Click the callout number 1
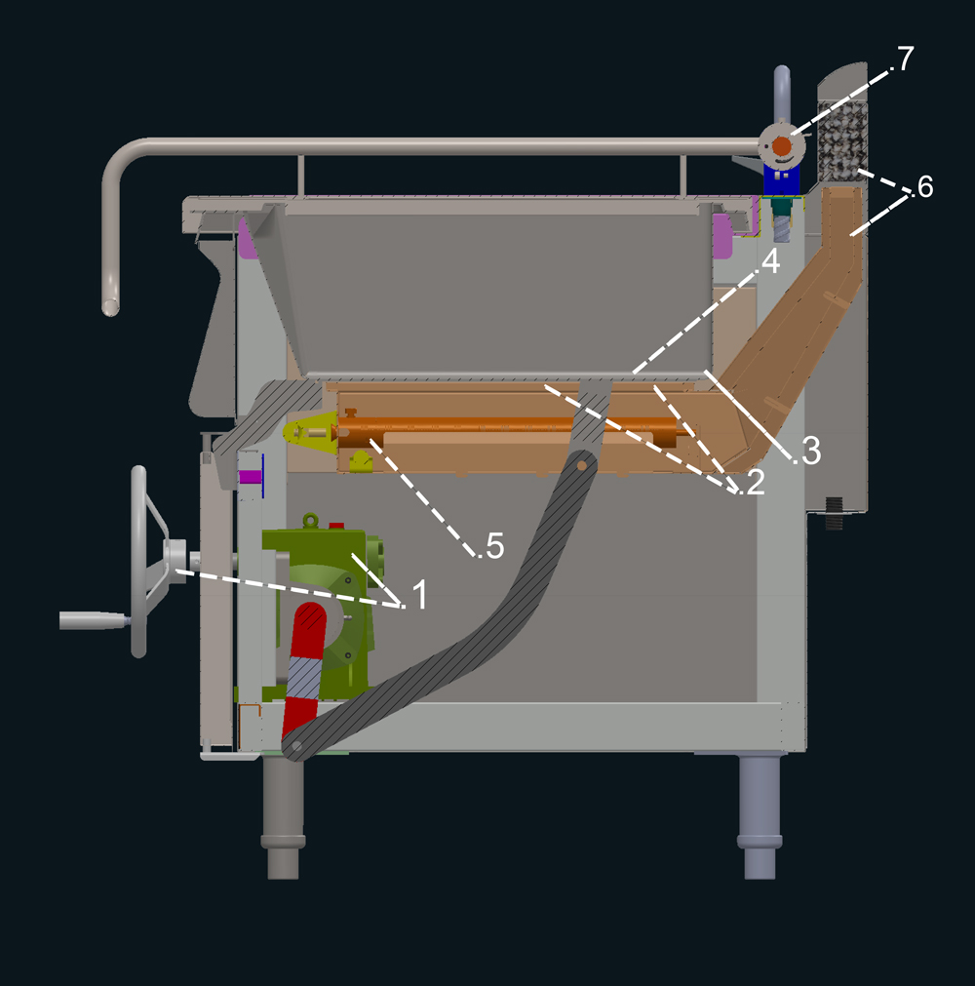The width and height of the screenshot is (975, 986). (420, 594)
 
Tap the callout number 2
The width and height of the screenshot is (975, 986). (755, 483)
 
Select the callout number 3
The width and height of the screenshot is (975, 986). (811, 451)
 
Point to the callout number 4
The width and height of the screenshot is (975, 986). (770, 261)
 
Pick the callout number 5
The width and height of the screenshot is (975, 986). (495, 546)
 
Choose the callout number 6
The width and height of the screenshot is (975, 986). (924, 186)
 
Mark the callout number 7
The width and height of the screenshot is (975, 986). (905, 59)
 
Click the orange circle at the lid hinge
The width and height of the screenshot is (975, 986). (781, 146)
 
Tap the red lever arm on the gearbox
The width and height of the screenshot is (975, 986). (304, 666)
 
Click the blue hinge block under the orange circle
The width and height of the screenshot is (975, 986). (781, 180)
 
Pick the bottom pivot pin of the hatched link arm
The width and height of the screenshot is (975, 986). (295, 747)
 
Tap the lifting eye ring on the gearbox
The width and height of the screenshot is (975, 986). (310, 521)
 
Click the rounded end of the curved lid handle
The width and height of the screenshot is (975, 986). (110, 306)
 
